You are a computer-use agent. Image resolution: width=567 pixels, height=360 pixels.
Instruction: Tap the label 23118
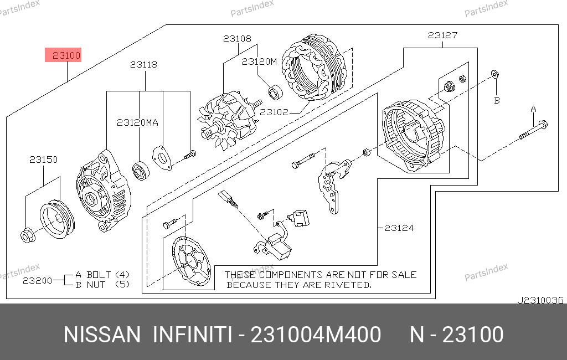point(143,64)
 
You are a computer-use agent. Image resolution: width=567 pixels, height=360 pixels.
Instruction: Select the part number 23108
point(237,38)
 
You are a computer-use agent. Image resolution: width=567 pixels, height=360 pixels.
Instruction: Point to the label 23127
point(442,35)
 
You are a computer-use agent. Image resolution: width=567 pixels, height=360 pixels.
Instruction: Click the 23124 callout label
point(399,228)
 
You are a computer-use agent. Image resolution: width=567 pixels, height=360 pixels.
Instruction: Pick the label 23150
point(43,159)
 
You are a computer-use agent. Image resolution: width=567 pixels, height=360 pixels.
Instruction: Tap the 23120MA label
point(137,122)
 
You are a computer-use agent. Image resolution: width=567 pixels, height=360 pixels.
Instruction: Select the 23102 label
point(274,112)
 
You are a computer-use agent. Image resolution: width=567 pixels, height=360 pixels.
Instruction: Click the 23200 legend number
point(38,280)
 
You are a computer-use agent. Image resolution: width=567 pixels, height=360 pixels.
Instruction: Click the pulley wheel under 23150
point(57,219)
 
